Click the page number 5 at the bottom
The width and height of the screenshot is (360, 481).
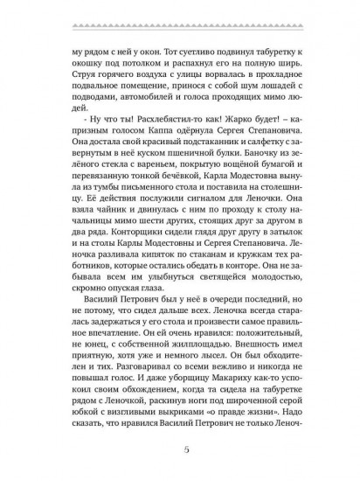(x=180, y=450)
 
